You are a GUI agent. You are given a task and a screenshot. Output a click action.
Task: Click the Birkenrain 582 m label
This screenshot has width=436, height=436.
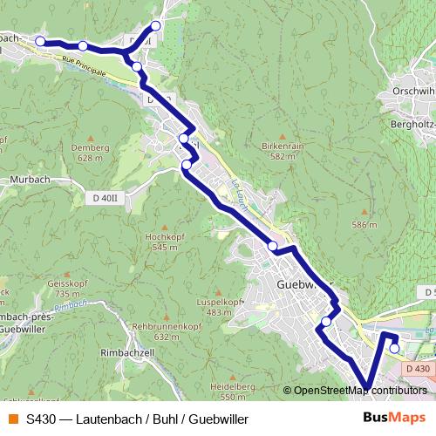pyautogui.click(x=281, y=151)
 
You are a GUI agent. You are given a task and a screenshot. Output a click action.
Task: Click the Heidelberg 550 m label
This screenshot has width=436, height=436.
pyautogui.click(x=232, y=390)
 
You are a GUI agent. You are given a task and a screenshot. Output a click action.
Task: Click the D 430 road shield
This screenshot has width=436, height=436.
pyautogui.click(x=417, y=370)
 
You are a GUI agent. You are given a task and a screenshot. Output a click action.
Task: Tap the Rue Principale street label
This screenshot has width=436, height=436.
pyautogui.click(x=84, y=66)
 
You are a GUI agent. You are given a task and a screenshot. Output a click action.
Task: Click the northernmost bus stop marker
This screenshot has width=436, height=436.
pyautogui.click(x=156, y=25)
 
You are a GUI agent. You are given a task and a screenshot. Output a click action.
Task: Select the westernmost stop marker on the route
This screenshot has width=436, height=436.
pyautogui.click(x=40, y=41)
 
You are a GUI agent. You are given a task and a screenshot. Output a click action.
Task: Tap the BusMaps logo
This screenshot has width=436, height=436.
pyautogui.click(x=393, y=418)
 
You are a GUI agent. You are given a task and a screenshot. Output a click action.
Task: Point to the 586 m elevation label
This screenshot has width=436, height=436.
pyautogui.click(x=364, y=225)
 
